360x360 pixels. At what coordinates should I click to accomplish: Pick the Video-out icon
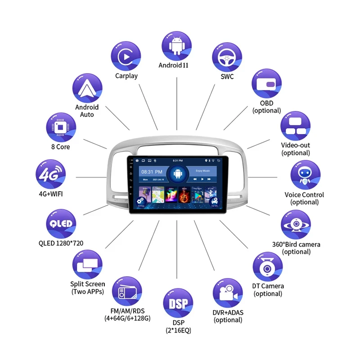(x=296, y=126)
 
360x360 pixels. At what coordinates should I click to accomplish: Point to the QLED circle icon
(x=60, y=224)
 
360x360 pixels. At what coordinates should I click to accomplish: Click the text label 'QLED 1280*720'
(x=61, y=243)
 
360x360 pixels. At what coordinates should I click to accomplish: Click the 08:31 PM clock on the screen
(x=148, y=172)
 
